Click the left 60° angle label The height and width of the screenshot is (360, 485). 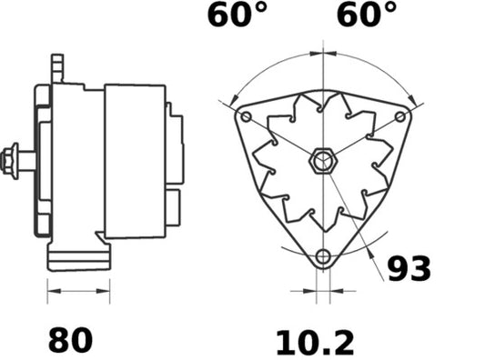237,15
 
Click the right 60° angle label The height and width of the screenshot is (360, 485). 367,15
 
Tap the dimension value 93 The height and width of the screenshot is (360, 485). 409,268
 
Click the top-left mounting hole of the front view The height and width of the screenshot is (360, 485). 245,117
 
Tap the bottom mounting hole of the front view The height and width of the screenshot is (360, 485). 321,255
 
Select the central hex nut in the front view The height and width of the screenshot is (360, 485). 321,162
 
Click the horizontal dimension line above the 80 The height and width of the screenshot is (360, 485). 76,292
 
